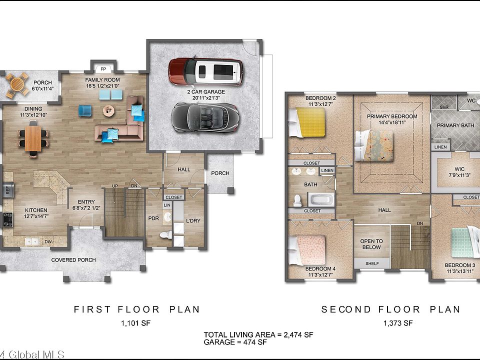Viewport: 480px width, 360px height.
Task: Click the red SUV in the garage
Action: point(205,71)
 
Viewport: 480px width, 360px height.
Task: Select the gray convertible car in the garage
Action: point(205,118)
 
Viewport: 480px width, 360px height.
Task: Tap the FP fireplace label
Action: point(103,69)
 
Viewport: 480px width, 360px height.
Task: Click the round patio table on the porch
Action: point(17,83)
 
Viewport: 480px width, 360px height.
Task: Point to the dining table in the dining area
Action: point(33,138)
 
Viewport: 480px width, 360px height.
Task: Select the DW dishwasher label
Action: point(48,241)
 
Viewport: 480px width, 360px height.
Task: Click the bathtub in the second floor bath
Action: point(321,200)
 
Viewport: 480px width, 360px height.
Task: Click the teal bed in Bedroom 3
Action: point(465,242)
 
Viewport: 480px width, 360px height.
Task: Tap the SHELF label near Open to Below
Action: point(372,263)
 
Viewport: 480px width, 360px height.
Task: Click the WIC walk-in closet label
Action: point(459,169)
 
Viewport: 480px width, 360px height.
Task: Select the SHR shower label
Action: point(444,107)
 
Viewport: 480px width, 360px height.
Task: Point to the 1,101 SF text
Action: point(135,323)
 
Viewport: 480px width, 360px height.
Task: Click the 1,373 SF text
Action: point(398,323)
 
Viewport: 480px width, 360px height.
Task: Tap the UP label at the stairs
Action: point(115,186)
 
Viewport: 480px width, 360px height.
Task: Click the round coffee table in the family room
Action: point(108,110)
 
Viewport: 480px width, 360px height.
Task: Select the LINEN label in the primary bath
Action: point(440,147)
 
